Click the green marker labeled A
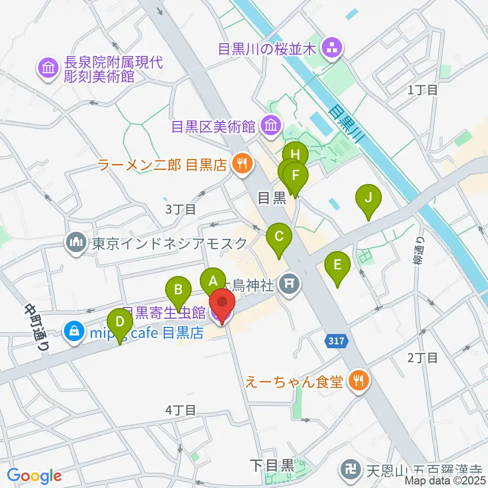click(x=213, y=280)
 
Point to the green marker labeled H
click(x=296, y=154)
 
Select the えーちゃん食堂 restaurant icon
click(x=359, y=380)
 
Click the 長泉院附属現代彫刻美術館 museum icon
click(x=48, y=69)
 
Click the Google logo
click(x=34, y=475)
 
